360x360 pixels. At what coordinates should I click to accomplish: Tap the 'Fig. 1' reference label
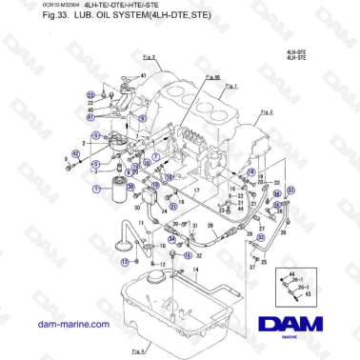pos(230,85)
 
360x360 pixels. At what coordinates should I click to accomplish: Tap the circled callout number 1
pos(96,189)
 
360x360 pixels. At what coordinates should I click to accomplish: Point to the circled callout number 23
pos(90,95)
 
